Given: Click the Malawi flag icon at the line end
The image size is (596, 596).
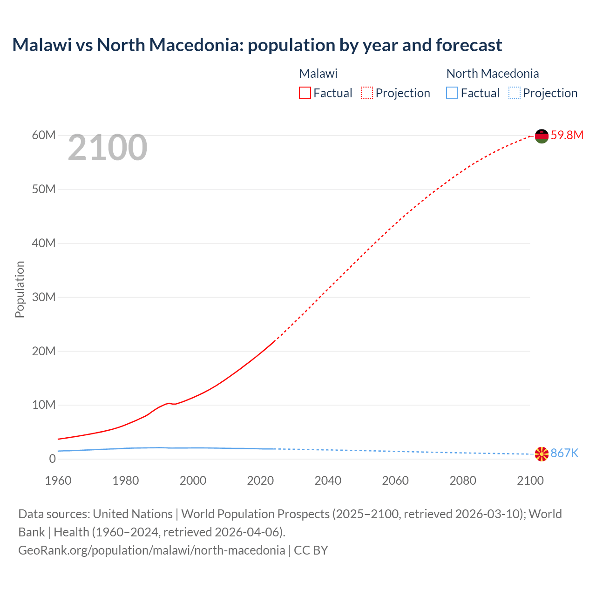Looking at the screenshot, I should coord(542,136).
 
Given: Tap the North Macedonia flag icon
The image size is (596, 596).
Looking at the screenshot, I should coord(542,454).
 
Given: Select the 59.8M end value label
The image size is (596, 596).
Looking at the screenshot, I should coord(567,135).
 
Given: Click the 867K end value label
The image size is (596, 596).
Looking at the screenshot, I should coord(564,454).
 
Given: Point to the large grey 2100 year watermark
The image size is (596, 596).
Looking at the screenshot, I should coord(108,148).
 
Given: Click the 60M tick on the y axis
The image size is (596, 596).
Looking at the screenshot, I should coord(44,135).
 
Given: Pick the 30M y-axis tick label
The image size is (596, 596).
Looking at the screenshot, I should coord(44,297).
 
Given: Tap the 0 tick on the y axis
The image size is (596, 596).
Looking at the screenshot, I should coord(52,459).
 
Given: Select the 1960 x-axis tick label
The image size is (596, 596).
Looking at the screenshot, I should coord(58,481).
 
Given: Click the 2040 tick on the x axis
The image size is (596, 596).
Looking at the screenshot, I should coord(328,481).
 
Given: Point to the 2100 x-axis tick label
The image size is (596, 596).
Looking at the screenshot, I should coord(530,481).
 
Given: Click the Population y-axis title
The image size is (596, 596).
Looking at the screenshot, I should coord(20,289).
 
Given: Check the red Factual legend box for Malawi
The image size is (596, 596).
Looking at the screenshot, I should coord(305,93).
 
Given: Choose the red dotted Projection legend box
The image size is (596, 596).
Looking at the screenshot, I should coord(367,93).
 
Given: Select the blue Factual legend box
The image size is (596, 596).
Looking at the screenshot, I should coord(452,93).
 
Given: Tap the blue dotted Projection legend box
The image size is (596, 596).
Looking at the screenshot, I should coord(515,93).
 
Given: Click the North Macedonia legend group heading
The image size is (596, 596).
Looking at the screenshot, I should coord(492,74).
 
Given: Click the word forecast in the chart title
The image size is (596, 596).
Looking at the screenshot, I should coord(469,45).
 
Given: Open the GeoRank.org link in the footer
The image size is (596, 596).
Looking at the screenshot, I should coord(151,550).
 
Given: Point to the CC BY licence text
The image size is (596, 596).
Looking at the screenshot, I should coord(311,550).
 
